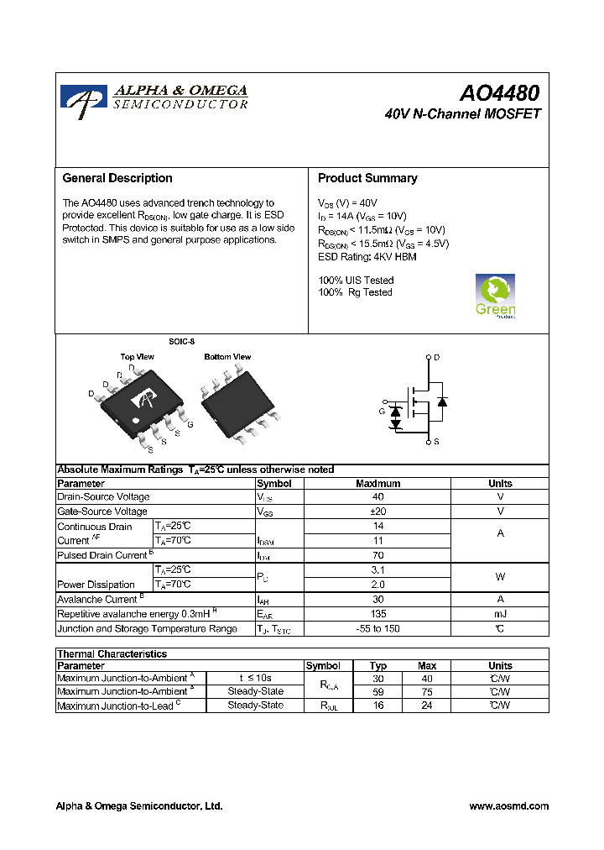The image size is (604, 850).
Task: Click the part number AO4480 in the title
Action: click(x=498, y=92)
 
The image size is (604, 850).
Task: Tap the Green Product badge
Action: click(x=495, y=296)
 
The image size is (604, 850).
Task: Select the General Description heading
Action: click(x=117, y=178)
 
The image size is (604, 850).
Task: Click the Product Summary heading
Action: click(x=367, y=178)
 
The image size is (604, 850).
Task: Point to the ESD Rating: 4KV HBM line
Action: click(x=367, y=256)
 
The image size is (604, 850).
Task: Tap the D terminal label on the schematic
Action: click(x=436, y=358)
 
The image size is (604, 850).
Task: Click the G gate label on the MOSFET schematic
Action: click(x=382, y=412)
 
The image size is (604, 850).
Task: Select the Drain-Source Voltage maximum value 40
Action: click(x=377, y=497)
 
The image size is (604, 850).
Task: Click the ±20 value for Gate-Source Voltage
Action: click(x=377, y=512)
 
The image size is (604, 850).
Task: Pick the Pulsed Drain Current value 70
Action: click(x=377, y=555)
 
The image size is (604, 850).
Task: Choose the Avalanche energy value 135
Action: click(x=377, y=614)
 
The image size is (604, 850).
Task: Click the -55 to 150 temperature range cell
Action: click(x=377, y=629)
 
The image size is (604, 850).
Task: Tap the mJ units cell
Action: click(x=500, y=614)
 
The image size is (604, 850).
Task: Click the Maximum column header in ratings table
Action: click(x=377, y=484)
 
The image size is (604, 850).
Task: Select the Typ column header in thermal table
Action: click(x=378, y=665)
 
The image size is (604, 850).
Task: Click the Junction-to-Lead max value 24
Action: click(x=426, y=706)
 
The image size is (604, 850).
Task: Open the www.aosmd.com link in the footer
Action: click(x=508, y=806)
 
